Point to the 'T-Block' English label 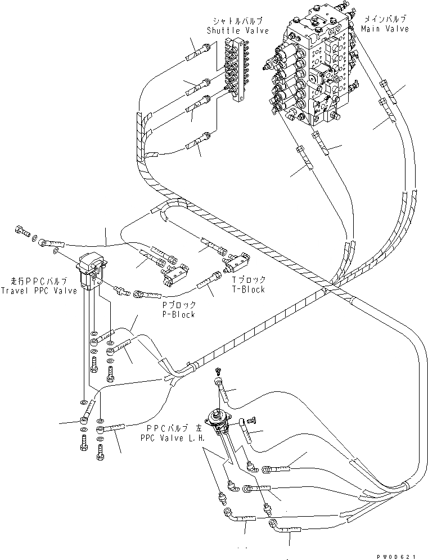coord(248,289)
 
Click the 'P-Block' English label coord(178,314)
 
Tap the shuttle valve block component coord(236,70)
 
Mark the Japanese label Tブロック coord(249,279)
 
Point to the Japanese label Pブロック coord(178,305)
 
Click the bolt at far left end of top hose coord(22,229)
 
